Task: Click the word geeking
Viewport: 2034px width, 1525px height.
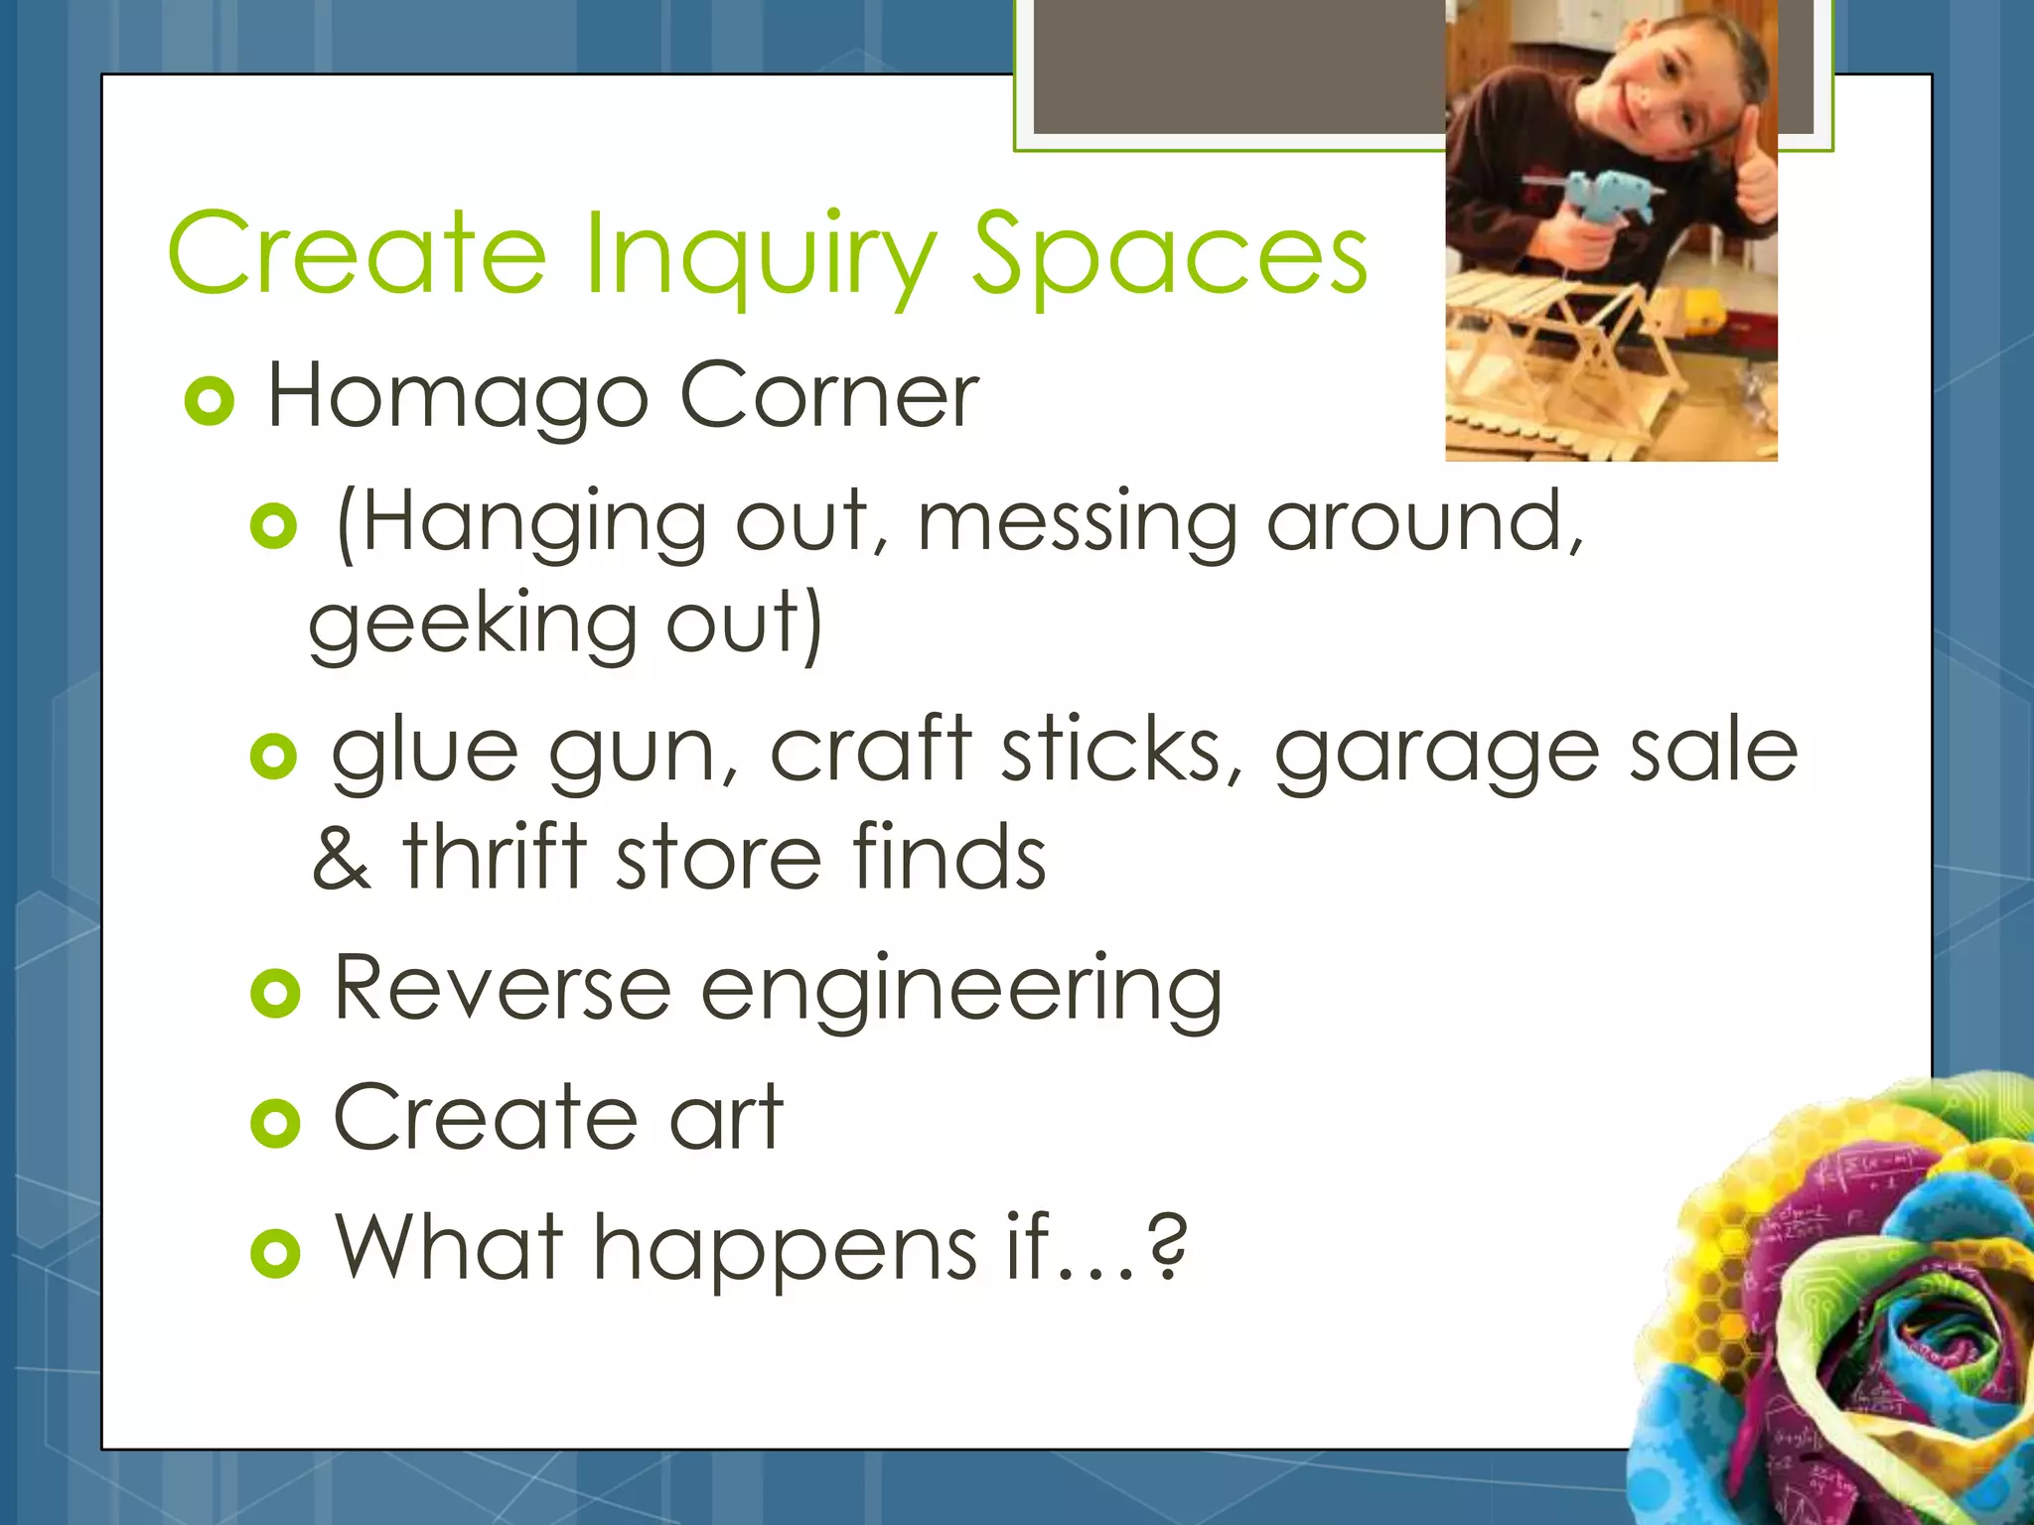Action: coord(473,627)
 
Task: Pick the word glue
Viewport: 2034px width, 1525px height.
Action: coord(424,752)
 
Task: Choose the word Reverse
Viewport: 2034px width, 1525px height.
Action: coord(503,988)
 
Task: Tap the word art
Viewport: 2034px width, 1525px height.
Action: coord(726,1117)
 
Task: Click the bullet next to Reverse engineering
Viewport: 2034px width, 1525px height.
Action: coord(275,993)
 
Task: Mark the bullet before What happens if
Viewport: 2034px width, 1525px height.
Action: coord(275,1252)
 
